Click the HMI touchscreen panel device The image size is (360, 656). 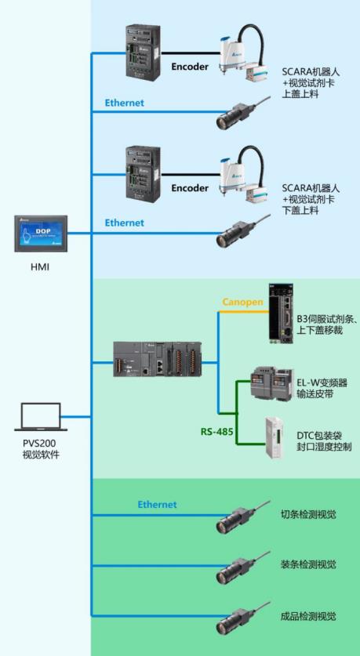tap(41, 234)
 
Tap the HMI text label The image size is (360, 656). tap(40, 266)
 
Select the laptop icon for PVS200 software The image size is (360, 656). tap(41, 417)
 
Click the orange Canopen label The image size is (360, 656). tap(243, 302)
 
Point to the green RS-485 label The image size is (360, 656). tap(216, 431)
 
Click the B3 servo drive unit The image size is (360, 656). tap(281, 314)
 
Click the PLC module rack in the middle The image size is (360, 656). tap(158, 360)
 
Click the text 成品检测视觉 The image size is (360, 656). tap(308, 616)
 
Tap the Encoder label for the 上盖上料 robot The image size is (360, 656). tap(190, 67)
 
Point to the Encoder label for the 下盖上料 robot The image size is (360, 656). tap(190, 188)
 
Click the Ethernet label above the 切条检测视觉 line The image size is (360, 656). tap(158, 505)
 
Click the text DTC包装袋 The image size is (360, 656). tap(312, 435)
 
